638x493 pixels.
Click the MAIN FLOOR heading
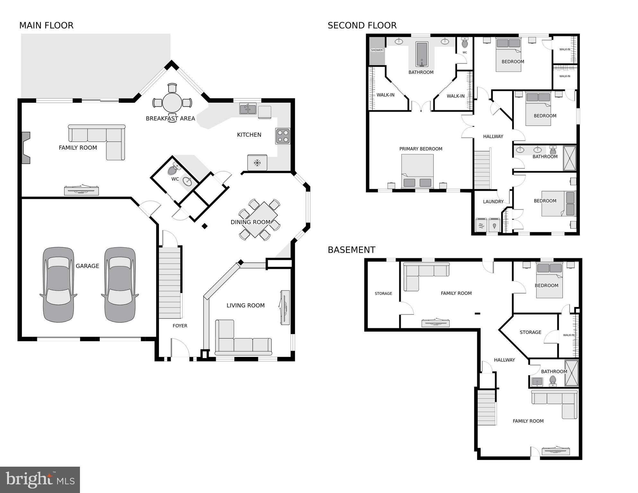coord(46,25)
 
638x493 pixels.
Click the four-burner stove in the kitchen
coord(283,136)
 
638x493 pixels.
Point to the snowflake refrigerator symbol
coord(257,163)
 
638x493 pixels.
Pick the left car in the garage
coord(58,285)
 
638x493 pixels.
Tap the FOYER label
coord(180,326)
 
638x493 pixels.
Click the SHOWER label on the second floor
coord(377,50)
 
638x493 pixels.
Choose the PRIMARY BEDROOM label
coord(421,149)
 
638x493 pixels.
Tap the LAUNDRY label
coord(493,202)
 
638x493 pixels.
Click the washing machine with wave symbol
coord(481,225)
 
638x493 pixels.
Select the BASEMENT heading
coord(351,250)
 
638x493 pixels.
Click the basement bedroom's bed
coord(549,280)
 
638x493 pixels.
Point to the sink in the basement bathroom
coord(537,382)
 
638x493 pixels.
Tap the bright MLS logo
coord(40,480)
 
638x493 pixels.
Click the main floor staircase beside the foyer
coord(170,283)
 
